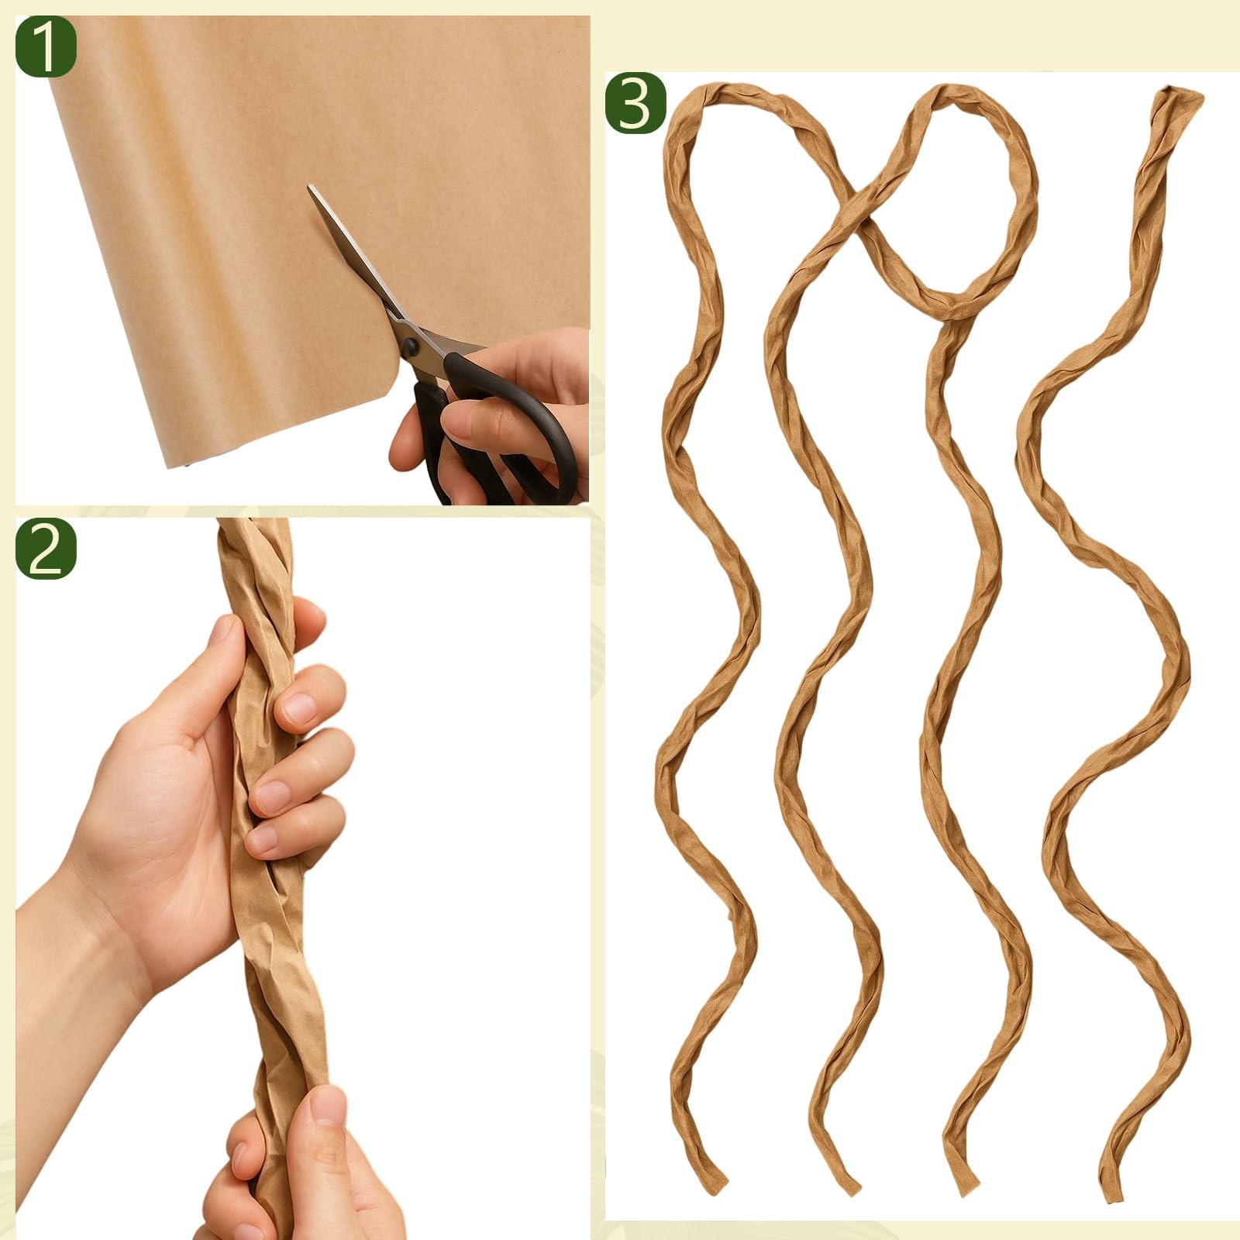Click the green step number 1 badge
pyautogui.click(x=46, y=46)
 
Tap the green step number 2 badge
pyautogui.click(x=46, y=549)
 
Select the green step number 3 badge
pyautogui.click(x=635, y=103)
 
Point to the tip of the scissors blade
pyautogui.click(x=309, y=187)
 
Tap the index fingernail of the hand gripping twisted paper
pyautogui.click(x=298, y=707)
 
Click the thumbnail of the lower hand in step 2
pyautogui.click(x=330, y=1104)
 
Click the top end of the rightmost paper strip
pyautogui.click(x=1180, y=97)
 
